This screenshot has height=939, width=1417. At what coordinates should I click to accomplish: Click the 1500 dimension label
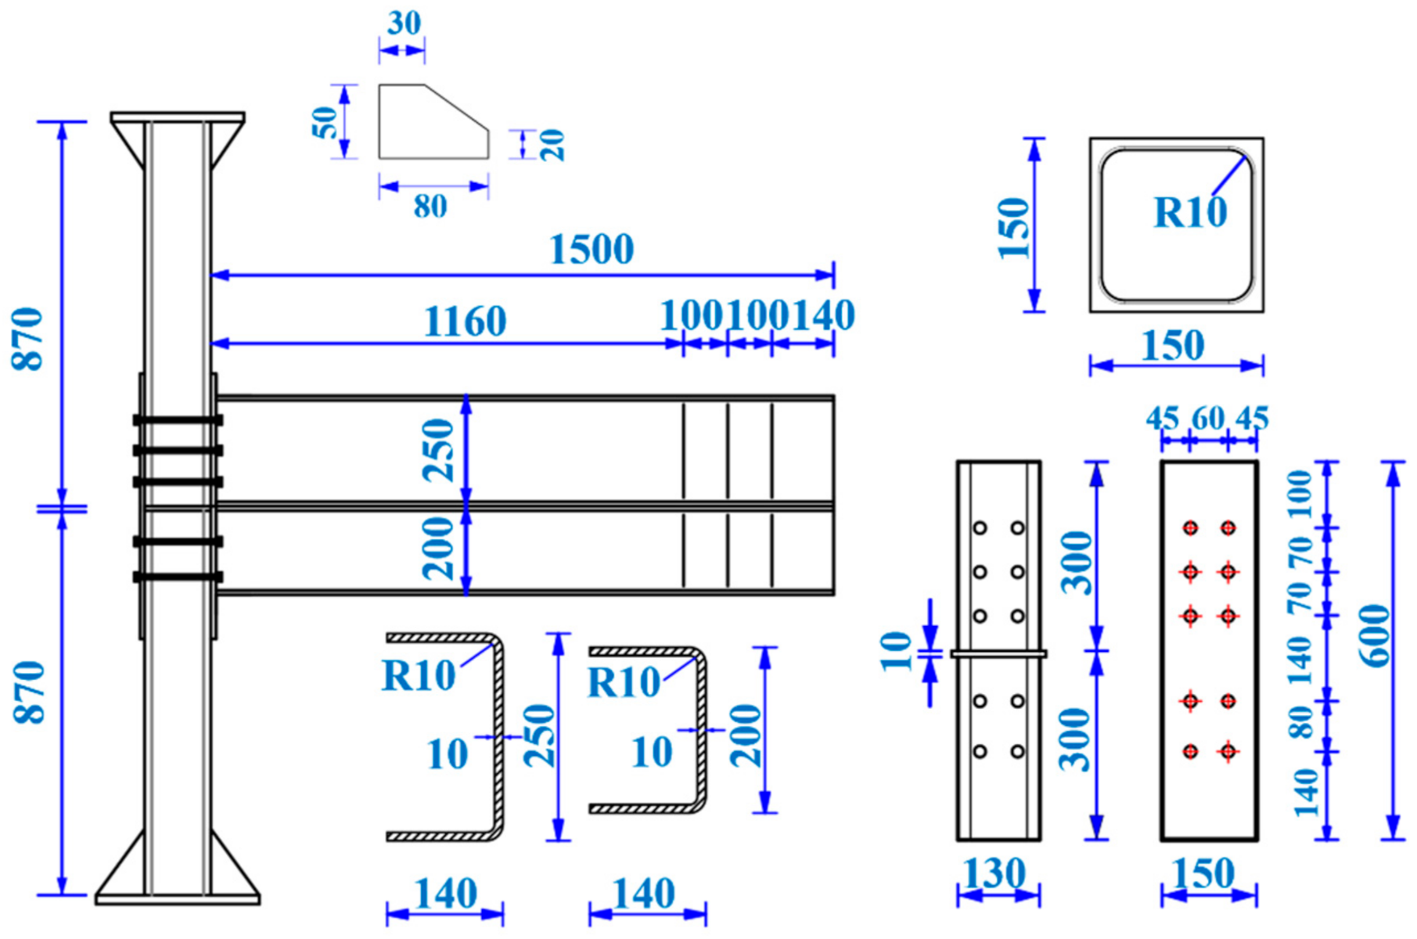coord(592,250)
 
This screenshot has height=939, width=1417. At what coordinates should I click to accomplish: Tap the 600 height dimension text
coord(1377,635)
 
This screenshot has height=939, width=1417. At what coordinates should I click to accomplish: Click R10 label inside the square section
coord(1190,213)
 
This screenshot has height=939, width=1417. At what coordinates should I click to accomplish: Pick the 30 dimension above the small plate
coord(404,23)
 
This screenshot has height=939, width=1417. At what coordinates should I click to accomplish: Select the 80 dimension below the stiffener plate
coord(430,207)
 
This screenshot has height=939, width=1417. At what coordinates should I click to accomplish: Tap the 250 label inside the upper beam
coord(438,450)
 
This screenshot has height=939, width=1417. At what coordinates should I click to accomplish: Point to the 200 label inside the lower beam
coord(438,548)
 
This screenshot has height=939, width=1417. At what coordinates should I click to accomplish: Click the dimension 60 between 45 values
coord(1208,419)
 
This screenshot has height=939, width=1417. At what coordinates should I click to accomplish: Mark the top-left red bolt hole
coord(1190,528)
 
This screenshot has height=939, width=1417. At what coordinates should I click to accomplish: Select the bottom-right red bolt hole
coord(1228,752)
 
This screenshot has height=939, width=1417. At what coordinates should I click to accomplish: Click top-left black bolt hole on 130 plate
coord(980,528)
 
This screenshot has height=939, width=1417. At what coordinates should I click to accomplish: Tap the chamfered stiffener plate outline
coord(434,121)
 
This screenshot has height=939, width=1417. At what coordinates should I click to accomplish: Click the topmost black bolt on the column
coord(178,420)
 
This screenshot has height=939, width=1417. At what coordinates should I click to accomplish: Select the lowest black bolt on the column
coord(178,577)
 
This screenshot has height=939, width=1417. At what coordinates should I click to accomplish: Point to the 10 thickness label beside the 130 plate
coord(897,651)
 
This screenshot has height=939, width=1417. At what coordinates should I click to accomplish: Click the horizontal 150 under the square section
coord(1172,347)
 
